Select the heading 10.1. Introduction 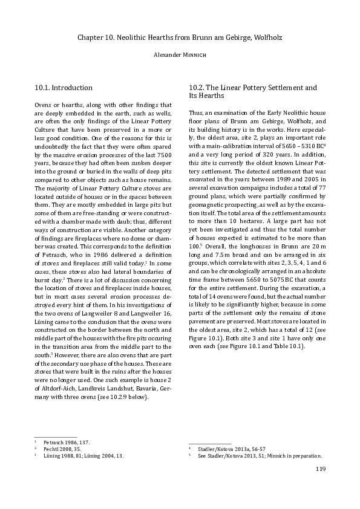[x=64, y=88]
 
